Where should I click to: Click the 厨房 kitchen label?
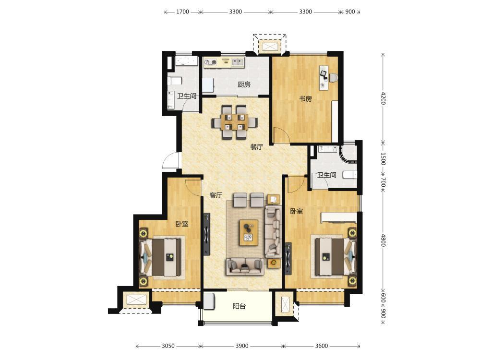[244, 84]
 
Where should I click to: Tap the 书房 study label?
[305, 98]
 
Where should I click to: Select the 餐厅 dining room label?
[256, 146]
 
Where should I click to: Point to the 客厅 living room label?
[216, 195]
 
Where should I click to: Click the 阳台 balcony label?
[239, 306]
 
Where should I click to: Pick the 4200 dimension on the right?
[383, 98]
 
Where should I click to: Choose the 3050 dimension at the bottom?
[168, 346]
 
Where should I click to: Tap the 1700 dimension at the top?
[182, 12]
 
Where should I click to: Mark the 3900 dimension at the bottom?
[242, 346]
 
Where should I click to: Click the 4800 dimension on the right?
[383, 240]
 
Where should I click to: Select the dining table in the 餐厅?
[235, 122]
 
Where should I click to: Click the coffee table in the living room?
[249, 232]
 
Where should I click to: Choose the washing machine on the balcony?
[209, 301]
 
